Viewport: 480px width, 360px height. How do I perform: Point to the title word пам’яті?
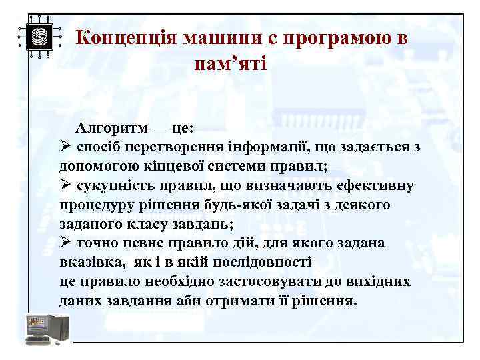pyautogui.click(x=230, y=65)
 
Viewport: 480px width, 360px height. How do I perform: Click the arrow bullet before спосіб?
pyautogui.click(x=65, y=146)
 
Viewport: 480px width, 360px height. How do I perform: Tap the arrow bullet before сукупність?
pyautogui.click(x=65, y=185)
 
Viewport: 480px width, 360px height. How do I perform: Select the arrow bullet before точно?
pyautogui.click(x=65, y=243)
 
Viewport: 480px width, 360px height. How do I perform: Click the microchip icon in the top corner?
pyautogui.click(x=39, y=37)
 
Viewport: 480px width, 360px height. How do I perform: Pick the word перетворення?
pyautogui.click(x=162, y=146)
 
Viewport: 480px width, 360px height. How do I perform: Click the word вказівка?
pyautogui.click(x=89, y=262)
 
